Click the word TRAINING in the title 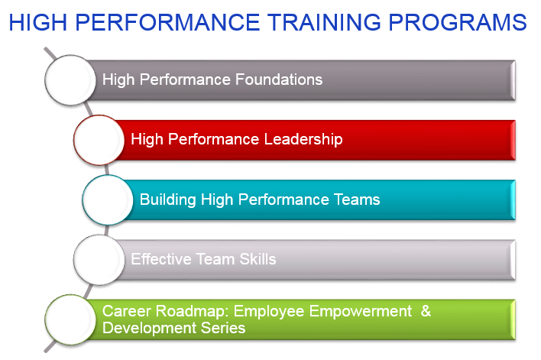325,22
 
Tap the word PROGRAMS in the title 458,22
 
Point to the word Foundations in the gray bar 279,79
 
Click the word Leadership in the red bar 303,139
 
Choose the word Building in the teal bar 167,199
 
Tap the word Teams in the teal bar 357,199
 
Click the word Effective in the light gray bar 161,259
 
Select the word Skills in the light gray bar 258,259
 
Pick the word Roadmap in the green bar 193,311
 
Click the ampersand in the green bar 426,311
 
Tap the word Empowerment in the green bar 361,311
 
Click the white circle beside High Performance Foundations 70,79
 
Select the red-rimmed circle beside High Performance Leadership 99,140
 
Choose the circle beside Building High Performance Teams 107,199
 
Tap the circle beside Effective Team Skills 99,260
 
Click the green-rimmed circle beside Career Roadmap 70,319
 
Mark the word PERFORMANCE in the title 167,22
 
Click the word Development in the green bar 150,328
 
